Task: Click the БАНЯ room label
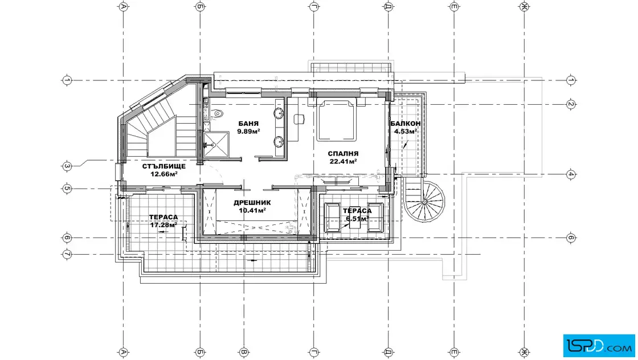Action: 248,124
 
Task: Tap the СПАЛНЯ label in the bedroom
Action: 343,154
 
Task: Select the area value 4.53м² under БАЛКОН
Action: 405,132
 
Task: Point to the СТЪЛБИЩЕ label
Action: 164,166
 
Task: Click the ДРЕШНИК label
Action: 252,203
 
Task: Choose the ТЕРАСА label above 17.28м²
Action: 163,217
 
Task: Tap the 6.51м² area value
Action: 357,219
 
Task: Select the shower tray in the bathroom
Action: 216,145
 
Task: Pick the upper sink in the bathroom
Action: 279,113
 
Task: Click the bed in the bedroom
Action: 337,120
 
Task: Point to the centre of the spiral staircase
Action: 424,201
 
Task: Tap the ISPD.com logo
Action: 599,346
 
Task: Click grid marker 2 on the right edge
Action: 571,105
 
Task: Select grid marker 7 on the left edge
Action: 67,254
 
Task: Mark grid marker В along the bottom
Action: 244,352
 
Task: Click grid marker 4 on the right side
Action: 571,174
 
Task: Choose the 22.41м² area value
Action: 343,161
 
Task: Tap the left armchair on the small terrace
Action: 332,218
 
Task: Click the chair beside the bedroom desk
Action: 300,119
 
